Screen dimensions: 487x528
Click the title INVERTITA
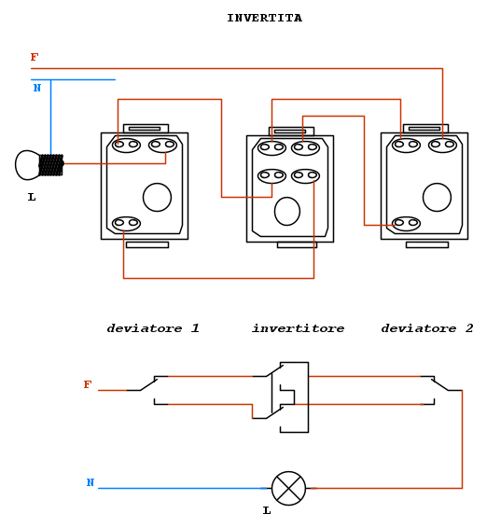pyautogui.click(x=264, y=18)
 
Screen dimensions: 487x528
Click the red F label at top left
pyautogui.click(x=35, y=57)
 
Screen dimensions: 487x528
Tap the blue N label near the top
pyautogui.click(x=37, y=88)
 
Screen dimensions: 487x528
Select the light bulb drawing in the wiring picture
pyautogui.click(x=39, y=165)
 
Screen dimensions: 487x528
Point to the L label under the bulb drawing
pyautogui.click(x=32, y=197)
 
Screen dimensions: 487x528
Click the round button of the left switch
pyautogui.click(x=157, y=198)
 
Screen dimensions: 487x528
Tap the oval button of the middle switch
pyautogui.click(x=287, y=212)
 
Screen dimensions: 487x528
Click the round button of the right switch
pyautogui.click(x=438, y=198)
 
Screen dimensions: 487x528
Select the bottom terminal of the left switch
pyautogui.click(x=126, y=223)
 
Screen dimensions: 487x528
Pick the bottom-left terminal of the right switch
pyautogui.click(x=406, y=223)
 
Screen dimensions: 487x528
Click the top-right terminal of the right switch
pyautogui.click(x=442, y=146)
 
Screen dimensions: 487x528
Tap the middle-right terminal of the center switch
pyautogui.click(x=305, y=175)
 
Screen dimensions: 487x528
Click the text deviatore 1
pyautogui.click(x=153, y=328)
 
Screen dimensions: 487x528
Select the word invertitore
pyautogui.click(x=299, y=328)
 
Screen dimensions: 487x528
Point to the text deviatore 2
pyautogui.click(x=427, y=328)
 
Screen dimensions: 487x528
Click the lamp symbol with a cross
pyautogui.click(x=288, y=488)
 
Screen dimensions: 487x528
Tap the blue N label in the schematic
pyautogui.click(x=90, y=482)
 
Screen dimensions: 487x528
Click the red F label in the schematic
pyautogui.click(x=88, y=384)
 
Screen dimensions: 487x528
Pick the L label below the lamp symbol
pyautogui.click(x=267, y=511)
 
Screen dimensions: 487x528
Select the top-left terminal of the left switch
pyautogui.click(x=126, y=146)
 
